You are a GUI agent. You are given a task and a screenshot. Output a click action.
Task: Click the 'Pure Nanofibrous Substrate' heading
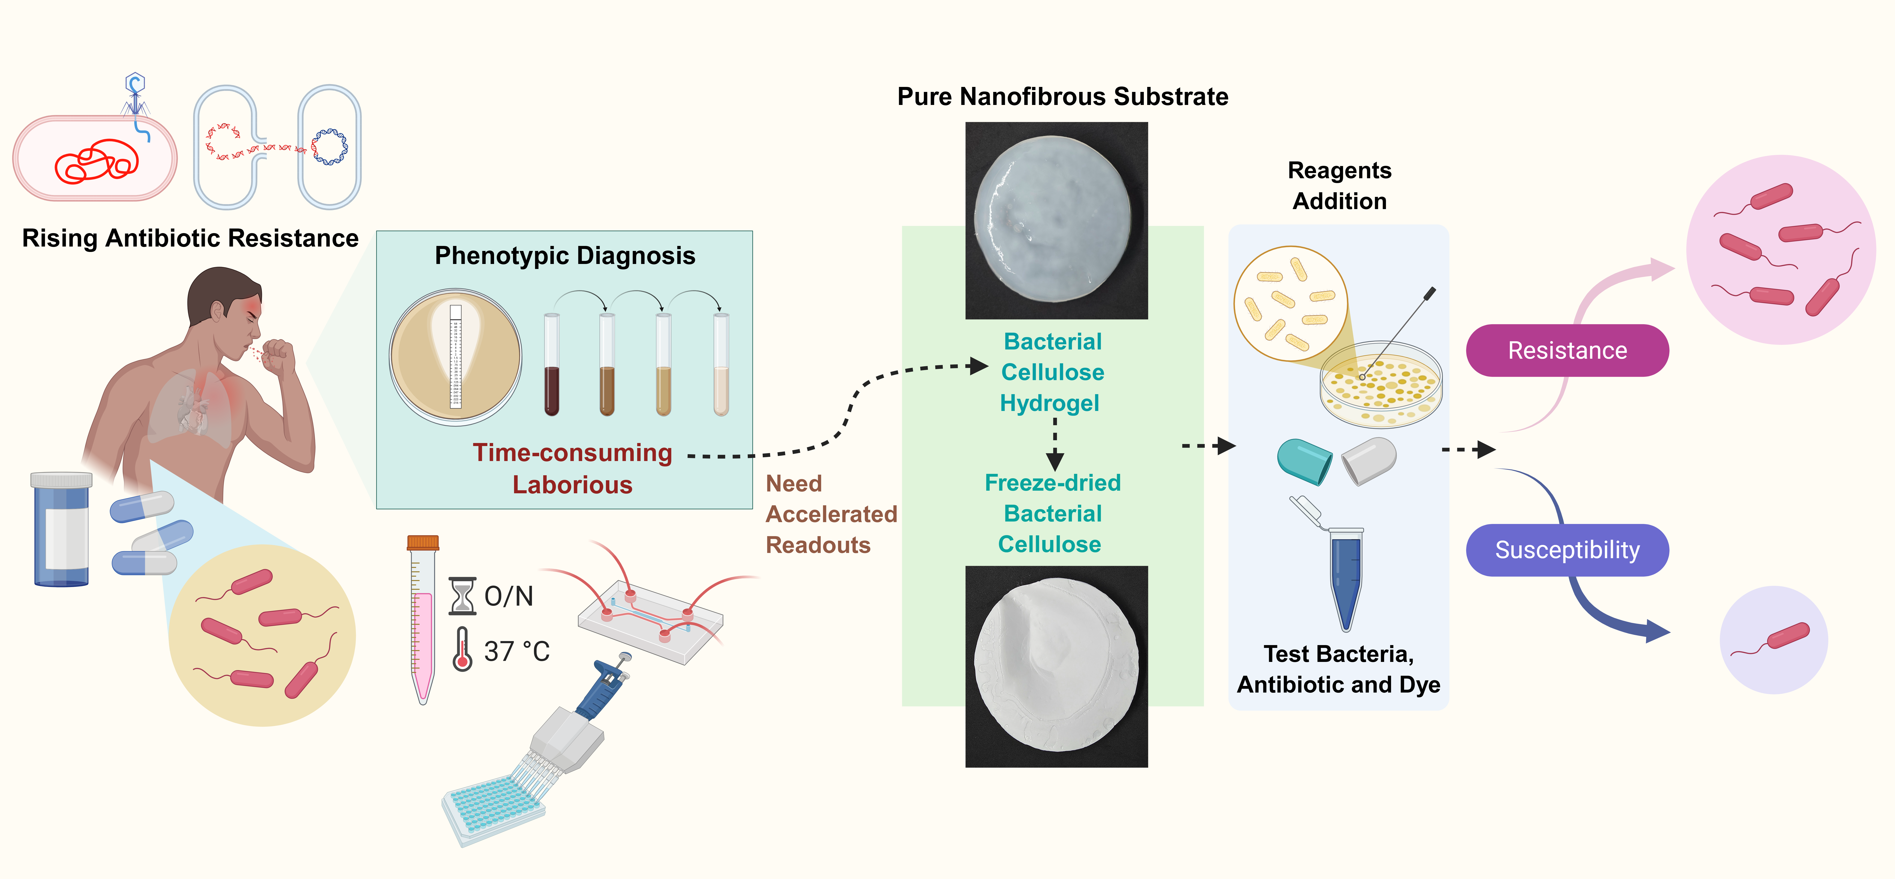pos(1062,96)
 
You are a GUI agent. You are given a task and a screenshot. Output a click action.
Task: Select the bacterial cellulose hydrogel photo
pos(1056,221)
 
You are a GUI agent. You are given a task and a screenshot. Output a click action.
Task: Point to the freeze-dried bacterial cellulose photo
pos(1056,667)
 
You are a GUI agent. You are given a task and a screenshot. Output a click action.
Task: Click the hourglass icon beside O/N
pos(462,596)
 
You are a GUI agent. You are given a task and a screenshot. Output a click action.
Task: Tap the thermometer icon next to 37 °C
pos(462,649)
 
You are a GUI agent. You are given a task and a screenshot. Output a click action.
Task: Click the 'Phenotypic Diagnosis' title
pos(565,255)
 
